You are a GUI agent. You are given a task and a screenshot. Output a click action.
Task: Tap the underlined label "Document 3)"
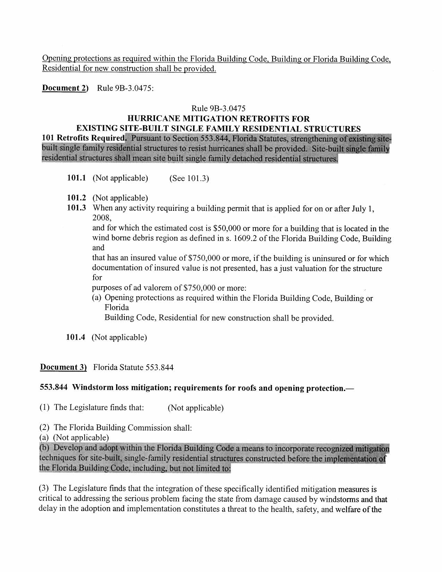point(63,367)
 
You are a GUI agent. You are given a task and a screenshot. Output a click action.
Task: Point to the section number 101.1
point(76,178)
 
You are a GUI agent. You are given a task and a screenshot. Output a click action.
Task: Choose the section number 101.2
point(76,198)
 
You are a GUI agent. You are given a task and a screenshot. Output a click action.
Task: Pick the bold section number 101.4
point(75,337)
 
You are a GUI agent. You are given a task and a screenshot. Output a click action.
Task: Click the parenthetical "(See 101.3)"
point(189,179)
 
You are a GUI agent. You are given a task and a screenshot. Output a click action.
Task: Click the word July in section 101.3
point(359,209)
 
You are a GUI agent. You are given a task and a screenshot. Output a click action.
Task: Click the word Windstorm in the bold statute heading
point(93,388)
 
